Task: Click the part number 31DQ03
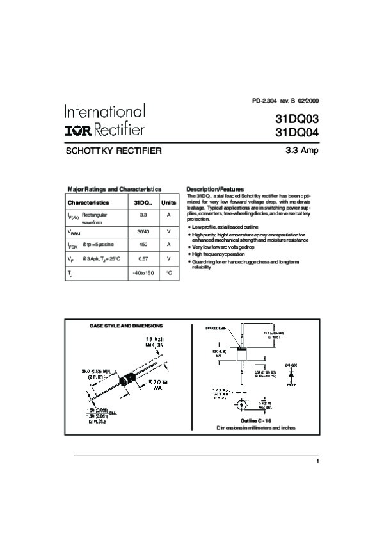(x=296, y=119)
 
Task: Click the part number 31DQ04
(x=296, y=133)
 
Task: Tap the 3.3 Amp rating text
(x=301, y=151)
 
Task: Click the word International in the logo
(x=104, y=111)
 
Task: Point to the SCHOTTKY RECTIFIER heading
(x=114, y=152)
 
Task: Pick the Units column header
(x=169, y=202)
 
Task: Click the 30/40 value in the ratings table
(x=143, y=231)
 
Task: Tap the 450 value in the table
(x=143, y=245)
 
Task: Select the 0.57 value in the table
(x=143, y=259)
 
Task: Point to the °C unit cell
(x=169, y=273)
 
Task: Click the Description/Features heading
(x=215, y=190)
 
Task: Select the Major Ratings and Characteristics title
(x=115, y=190)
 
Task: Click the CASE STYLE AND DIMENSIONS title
(x=125, y=326)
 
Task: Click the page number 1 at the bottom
(x=317, y=461)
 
